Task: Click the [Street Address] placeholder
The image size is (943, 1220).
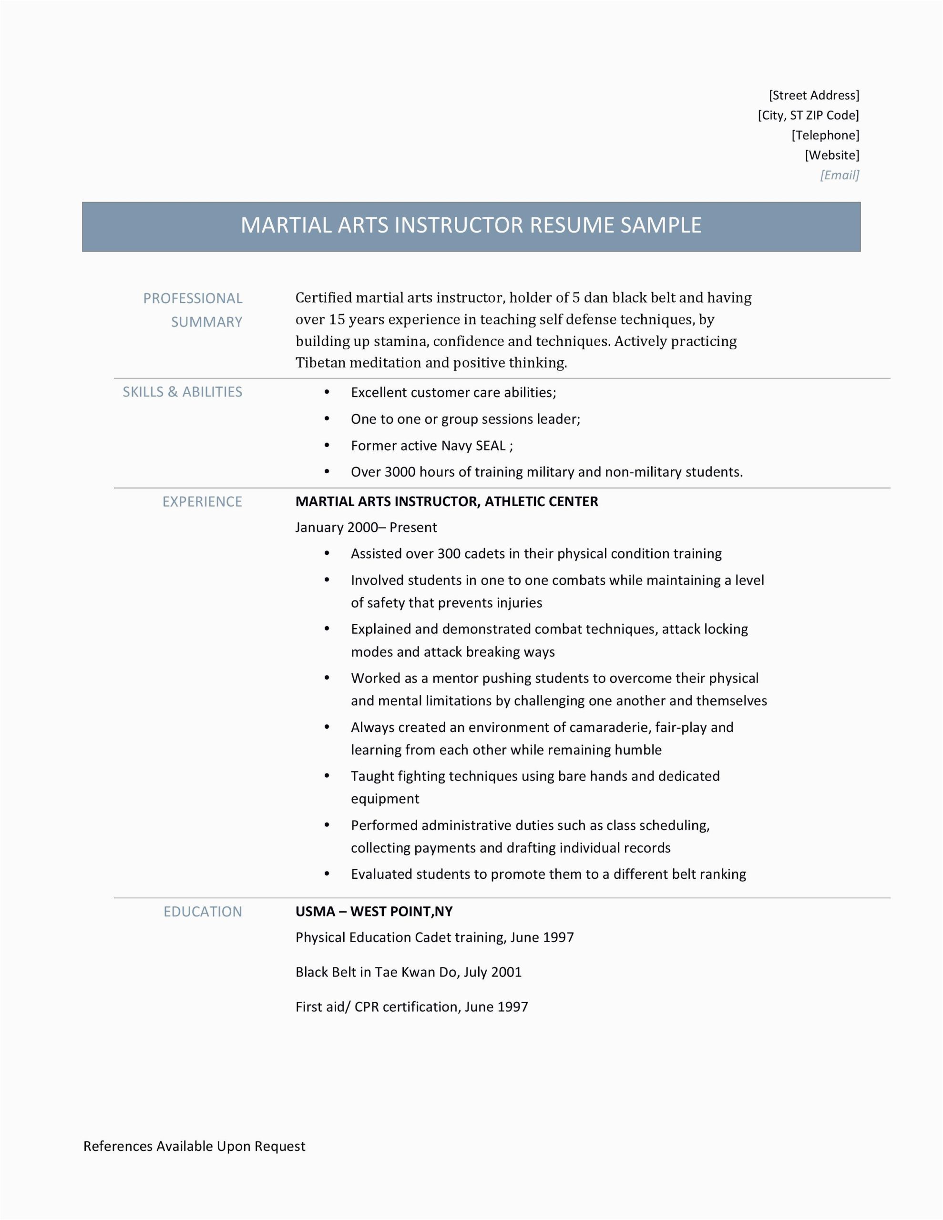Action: click(814, 95)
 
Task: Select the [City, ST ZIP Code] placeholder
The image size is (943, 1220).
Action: click(808, 116)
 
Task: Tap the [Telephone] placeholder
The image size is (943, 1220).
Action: click(825, 135)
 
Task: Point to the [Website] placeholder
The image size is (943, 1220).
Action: click(832, 155)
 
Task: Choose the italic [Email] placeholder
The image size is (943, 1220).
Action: click(839, 175)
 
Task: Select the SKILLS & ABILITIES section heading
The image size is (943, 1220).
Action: click(182, 392)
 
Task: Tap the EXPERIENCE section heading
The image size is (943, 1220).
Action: click(202, 502)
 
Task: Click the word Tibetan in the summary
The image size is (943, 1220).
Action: click(320, 363)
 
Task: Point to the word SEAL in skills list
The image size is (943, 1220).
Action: click(490, 446)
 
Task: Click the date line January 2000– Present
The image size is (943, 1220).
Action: click(366, 528)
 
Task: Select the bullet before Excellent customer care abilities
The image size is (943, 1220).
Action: click(327, 392)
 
